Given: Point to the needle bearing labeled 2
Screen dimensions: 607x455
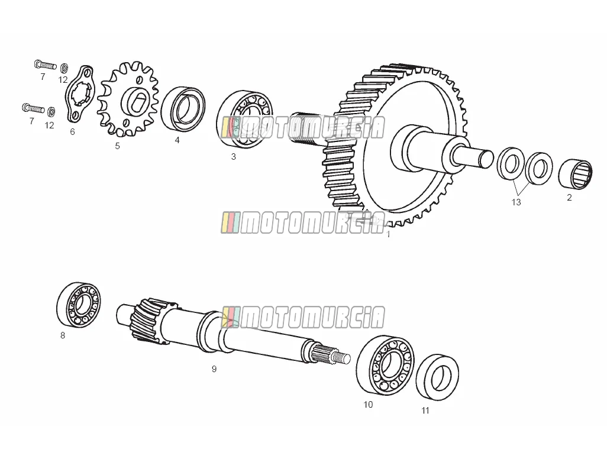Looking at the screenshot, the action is (x=575, y=175).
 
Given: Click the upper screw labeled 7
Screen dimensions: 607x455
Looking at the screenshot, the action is (x=46, y=64).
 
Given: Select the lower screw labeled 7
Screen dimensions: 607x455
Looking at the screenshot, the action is (x=33, y=108).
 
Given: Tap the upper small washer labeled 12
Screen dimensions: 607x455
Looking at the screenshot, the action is (x=64, y=68).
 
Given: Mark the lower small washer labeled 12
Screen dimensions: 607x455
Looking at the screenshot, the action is (x=51, y=112).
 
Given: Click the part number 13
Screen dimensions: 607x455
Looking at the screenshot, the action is (x=516, y=202).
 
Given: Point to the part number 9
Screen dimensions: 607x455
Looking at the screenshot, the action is (x=214, y=369).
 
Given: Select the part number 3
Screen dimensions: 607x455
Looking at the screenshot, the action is (x=234, y=156).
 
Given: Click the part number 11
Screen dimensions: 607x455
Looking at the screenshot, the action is (x=425, y=411).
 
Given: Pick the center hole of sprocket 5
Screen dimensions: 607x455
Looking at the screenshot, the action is (x=135, y=102).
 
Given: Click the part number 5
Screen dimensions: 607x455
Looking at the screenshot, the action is (x=117, y=146).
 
